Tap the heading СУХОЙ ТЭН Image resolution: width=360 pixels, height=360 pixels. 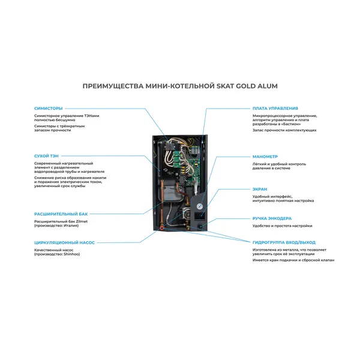[x=47, y=156]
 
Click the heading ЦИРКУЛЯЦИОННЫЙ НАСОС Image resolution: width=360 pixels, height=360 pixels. [x=65, y=242]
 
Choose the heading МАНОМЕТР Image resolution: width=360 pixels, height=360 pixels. [x=265, y=156]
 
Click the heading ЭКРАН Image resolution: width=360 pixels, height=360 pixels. [x=260, y=189]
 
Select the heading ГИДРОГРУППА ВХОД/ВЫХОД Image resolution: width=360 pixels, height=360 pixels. [x=284, y=242]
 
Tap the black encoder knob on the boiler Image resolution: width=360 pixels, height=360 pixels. [x=199, y=226]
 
